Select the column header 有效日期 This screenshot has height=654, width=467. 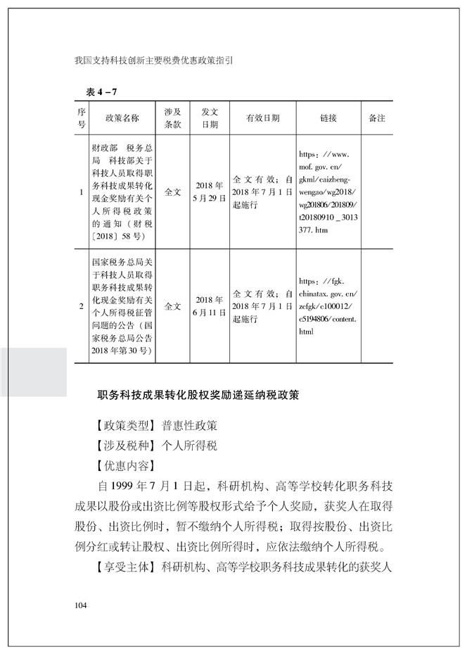pos(262,118)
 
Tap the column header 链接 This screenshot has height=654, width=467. pos(328,118)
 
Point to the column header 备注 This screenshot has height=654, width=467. pos(376,118)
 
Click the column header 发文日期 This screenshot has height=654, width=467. pos(210,118)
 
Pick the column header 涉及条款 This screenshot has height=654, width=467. pos(172,118)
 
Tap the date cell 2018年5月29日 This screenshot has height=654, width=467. pos(210,191)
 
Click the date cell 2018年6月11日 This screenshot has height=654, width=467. pos(210,306)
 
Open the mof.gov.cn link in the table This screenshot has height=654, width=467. pos(328,191)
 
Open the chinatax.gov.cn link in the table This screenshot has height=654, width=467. pos(328,306)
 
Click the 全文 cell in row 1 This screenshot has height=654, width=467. pos(172,191)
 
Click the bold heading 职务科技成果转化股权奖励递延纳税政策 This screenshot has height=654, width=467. pos(198,396)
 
